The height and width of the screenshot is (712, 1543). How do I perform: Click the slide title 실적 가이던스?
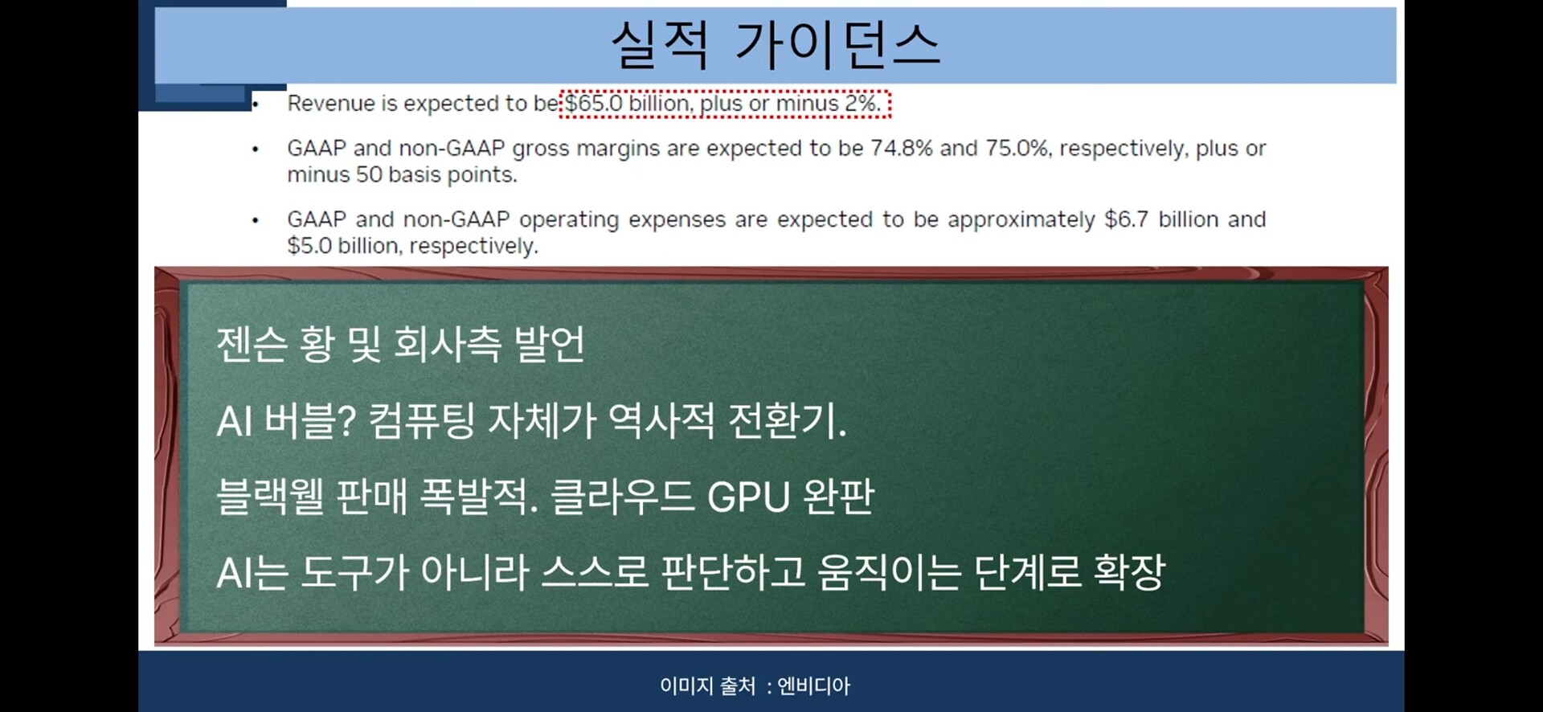point(776,44)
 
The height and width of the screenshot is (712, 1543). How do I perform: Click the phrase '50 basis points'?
point(436,175)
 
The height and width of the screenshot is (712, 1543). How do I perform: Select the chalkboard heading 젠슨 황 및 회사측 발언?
point(400,344)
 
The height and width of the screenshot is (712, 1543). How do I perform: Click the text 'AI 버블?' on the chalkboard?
point(286,420)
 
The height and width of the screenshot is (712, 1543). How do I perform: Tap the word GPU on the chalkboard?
point(749,497)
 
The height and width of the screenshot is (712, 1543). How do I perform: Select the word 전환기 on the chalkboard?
point(787,420)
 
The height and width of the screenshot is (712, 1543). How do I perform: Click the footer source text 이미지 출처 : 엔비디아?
point(755,685)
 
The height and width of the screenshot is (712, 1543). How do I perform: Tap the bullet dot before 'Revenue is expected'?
point(256,104)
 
